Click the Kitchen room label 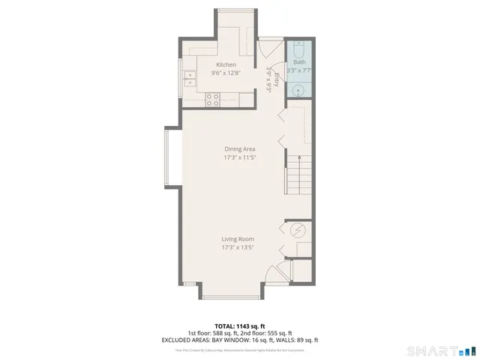[x=226, y=64]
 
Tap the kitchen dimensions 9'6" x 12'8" [x=226, y=73]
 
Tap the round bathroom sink [x=298, y=90]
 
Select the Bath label [x=299, y=62]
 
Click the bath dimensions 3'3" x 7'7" [x=299, y=70]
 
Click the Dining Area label [x=239, y=149]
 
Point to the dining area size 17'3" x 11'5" [x=239, y=158]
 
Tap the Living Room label [x=237, y=239]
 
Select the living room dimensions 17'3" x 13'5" [x=237, y=247]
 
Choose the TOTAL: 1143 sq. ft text [x=239, y=325]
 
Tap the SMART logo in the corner [x=439, y=350]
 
